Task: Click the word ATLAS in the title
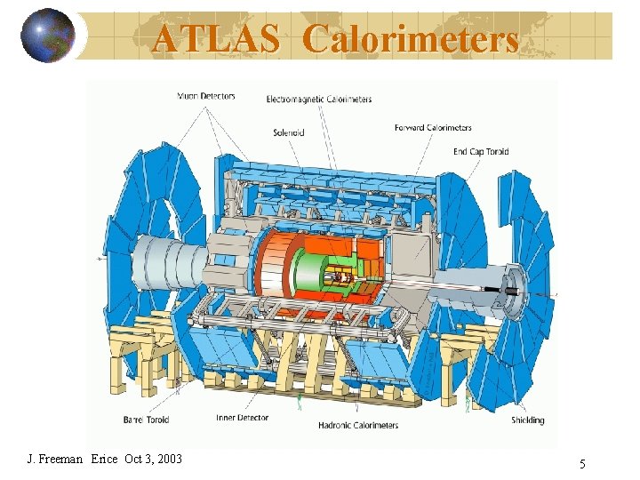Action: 218,39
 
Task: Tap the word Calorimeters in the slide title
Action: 410,39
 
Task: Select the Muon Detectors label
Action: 206,96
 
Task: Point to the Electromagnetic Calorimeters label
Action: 319,100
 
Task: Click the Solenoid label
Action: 289,133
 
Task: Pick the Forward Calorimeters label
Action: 433,128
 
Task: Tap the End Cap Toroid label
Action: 481,152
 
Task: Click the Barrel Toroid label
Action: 147,419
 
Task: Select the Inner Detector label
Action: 242,418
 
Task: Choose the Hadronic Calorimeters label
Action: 358,425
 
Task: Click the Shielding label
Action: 528,420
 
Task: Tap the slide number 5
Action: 582,463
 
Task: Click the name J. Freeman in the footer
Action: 56,459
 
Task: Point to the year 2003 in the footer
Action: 167,459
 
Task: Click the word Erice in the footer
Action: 104,459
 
